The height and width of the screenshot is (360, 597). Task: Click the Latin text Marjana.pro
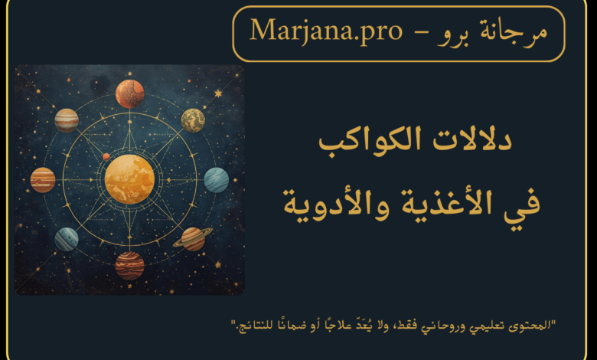point(326,31)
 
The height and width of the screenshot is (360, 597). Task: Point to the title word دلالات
point(472,139)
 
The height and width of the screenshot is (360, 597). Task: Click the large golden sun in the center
point(129,179)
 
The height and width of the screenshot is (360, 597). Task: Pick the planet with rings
point(193,239)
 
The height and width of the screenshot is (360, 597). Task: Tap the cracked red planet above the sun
point(130,93)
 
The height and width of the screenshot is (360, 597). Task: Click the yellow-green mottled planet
point(193,120)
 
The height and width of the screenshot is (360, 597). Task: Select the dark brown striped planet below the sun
point(130,266)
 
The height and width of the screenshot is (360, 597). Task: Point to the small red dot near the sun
point(106,156)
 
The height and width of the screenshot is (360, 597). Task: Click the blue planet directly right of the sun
point(217,180)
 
